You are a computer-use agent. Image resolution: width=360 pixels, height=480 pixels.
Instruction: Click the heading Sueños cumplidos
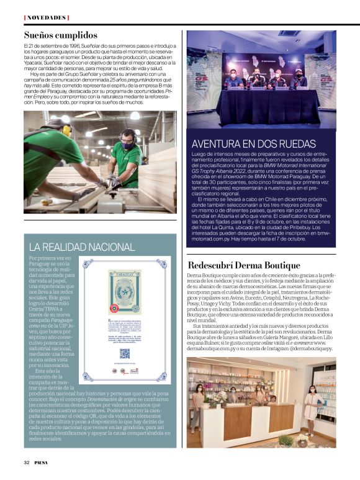click(61, 35)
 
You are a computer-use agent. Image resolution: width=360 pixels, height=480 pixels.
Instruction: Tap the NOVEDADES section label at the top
click(47, 17)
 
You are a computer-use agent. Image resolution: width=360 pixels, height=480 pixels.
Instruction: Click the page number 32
click(27, 463)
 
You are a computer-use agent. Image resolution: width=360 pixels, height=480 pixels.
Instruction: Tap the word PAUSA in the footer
click(43, 463)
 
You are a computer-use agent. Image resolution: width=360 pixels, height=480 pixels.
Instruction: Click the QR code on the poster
click(125, 353)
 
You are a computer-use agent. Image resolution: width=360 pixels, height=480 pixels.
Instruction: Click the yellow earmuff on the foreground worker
click(66, 131)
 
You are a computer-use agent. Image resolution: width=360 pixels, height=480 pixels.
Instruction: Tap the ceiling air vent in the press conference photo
click(289, 34)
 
